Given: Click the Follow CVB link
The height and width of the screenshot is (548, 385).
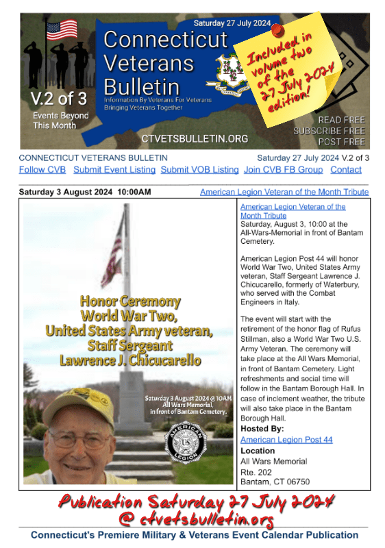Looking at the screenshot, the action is [42, 170].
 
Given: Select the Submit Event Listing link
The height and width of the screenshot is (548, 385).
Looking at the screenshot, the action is [114, 170].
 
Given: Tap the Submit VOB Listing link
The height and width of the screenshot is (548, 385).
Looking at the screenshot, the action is [199, 170].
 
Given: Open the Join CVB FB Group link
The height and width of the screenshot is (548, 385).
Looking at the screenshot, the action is [283, 170].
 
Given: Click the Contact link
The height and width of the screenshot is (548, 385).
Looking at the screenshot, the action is [346, 170].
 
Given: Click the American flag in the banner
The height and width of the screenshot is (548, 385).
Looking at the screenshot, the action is [61, 29].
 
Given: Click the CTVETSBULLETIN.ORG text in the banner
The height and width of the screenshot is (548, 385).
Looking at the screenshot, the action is [195, 138].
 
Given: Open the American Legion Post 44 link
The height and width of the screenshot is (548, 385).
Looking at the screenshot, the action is [286, 439].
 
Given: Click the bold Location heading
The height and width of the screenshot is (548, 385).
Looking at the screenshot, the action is [258, 451].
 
